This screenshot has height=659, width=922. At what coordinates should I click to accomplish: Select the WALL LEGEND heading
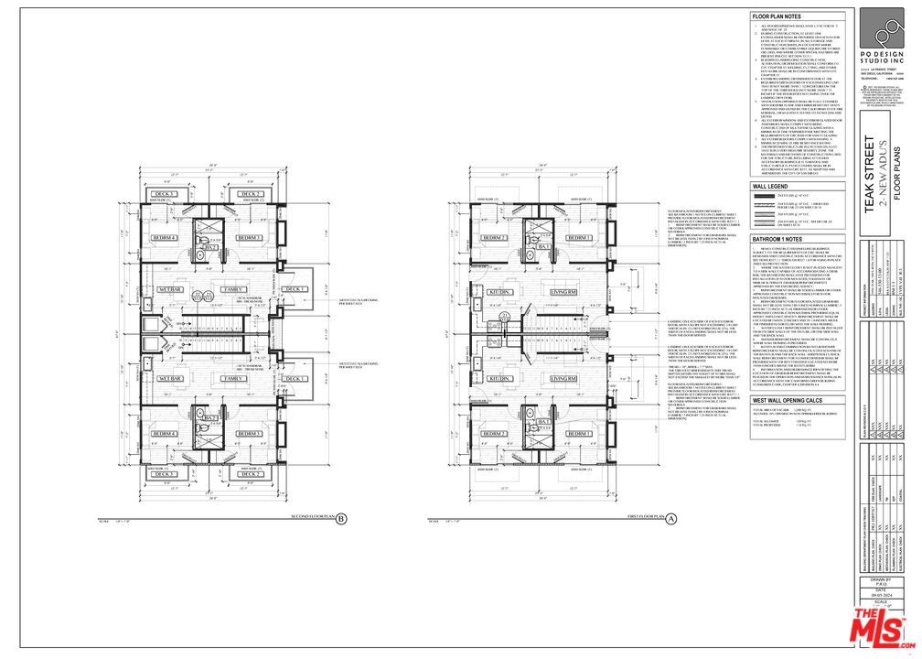771,185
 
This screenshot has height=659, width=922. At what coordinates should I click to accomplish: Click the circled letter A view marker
670,518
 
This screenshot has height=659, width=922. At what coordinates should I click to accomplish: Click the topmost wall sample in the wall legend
764,196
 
